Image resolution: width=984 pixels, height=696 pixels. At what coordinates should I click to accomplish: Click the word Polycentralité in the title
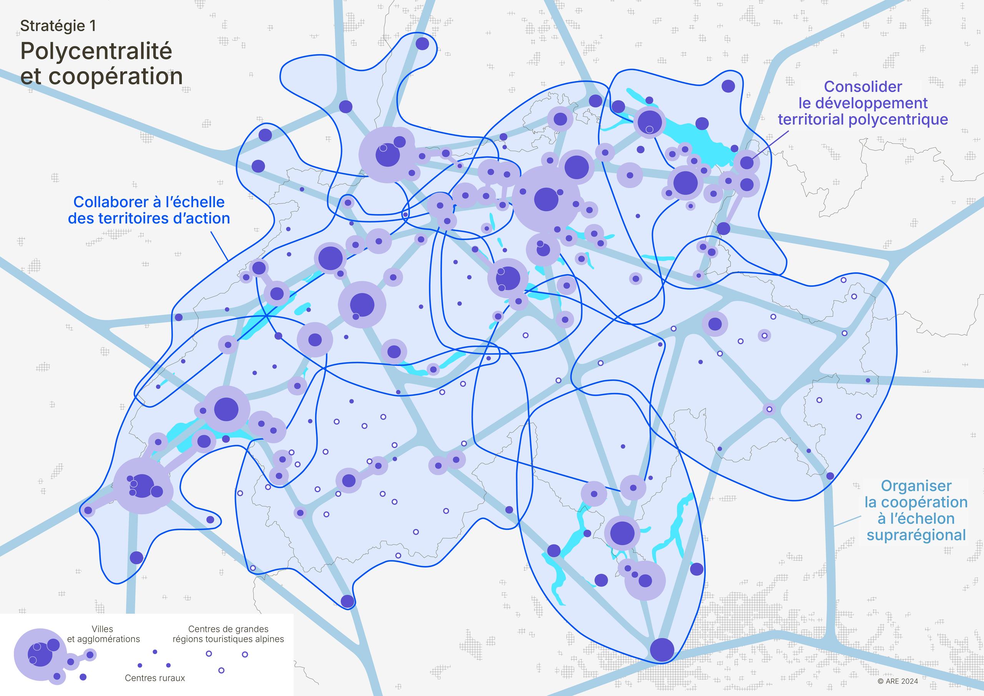click(x=96, y=52)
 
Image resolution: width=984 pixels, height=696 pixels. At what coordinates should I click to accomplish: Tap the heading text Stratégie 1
click(x=58, y=26)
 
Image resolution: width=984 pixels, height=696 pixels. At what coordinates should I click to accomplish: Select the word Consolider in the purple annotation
click(x=863, y=87)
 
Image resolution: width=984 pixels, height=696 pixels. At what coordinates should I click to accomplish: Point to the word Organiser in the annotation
click(x=916, y=486)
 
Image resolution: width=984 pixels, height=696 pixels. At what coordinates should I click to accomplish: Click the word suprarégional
click(x=916, y=535)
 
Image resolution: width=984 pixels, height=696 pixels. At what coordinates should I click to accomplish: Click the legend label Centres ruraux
click(x=155, y=678)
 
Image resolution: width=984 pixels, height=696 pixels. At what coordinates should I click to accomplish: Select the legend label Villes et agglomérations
click(x=103, y=634)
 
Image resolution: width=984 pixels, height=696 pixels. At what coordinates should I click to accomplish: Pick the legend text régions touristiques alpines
click(x=228, y=639)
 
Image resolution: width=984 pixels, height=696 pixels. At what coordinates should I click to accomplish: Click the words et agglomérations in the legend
click(x=103, y=639)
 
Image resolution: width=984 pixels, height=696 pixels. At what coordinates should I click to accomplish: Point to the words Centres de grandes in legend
click(x=228, y=629)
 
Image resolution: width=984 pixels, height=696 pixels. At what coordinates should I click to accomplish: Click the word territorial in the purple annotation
click(x=811, y=119)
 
